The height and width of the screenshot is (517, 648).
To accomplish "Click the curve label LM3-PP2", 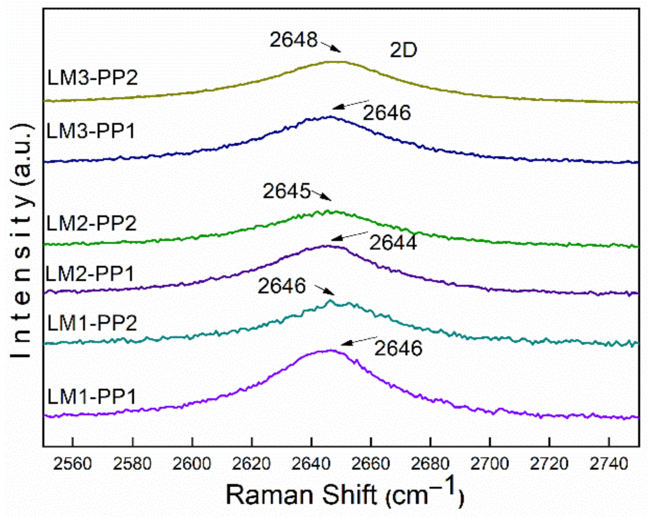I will [93, 78].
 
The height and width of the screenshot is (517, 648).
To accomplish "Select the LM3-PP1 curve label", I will [91, 131].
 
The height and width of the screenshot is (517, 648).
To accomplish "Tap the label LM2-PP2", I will [92, 223].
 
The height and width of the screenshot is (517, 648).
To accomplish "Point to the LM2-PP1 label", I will [90, 273].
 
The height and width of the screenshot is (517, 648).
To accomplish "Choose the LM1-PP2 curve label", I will [92, 323].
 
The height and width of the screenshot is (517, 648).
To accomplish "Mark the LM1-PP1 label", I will [92, 396].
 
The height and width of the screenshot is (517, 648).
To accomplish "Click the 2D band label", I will [403, 51].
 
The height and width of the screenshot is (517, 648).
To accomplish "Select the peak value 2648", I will [294, 40].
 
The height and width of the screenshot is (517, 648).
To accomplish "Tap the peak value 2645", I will [286, 191].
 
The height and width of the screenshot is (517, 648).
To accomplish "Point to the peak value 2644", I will [393, 242].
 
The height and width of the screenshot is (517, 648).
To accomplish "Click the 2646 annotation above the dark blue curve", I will [387, 113].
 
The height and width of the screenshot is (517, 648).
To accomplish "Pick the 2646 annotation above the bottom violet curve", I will [398, 348].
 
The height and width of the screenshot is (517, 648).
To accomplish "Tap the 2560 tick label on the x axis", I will [73, 464].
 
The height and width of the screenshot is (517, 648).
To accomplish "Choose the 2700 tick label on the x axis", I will [490, 464].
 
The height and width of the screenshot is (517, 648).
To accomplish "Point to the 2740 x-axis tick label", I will [609, 464].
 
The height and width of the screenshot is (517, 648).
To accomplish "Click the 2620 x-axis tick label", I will [251, 464].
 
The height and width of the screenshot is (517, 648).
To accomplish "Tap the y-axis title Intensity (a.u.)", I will [22, 241].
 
